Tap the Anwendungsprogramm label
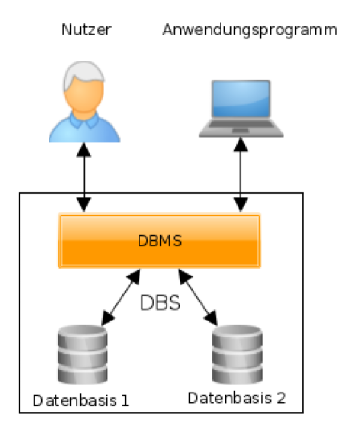[x=249, y=29]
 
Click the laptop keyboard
[x=241, y=128]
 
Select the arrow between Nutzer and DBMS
[x=84, y=176]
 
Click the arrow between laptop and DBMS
[x=241, y=174]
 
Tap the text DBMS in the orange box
[x=159, y=242]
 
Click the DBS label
[x=160, y=302]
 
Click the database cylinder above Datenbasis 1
[x=82, y=356]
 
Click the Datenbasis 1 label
[x=82, y=400]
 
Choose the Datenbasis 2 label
[x=238, y=397]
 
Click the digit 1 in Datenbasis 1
[x=125, y=400]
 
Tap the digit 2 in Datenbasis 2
[x=281, y=397]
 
